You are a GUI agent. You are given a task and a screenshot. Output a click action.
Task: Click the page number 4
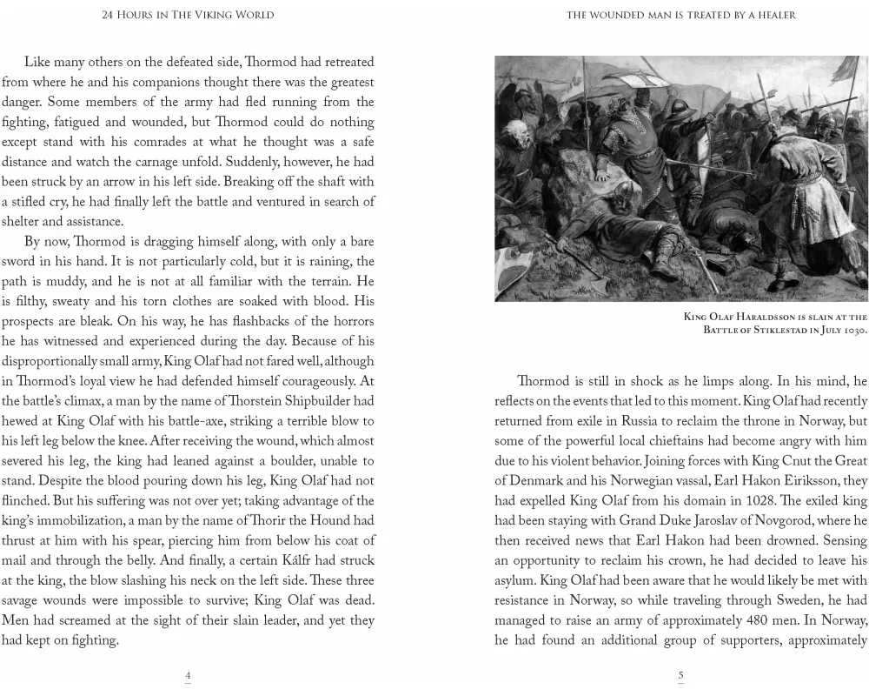(x=188, y=675)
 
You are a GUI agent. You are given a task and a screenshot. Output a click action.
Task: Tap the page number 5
(x=680, y=675)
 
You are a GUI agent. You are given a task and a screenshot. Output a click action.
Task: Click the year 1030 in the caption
(x=852, y=330)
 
